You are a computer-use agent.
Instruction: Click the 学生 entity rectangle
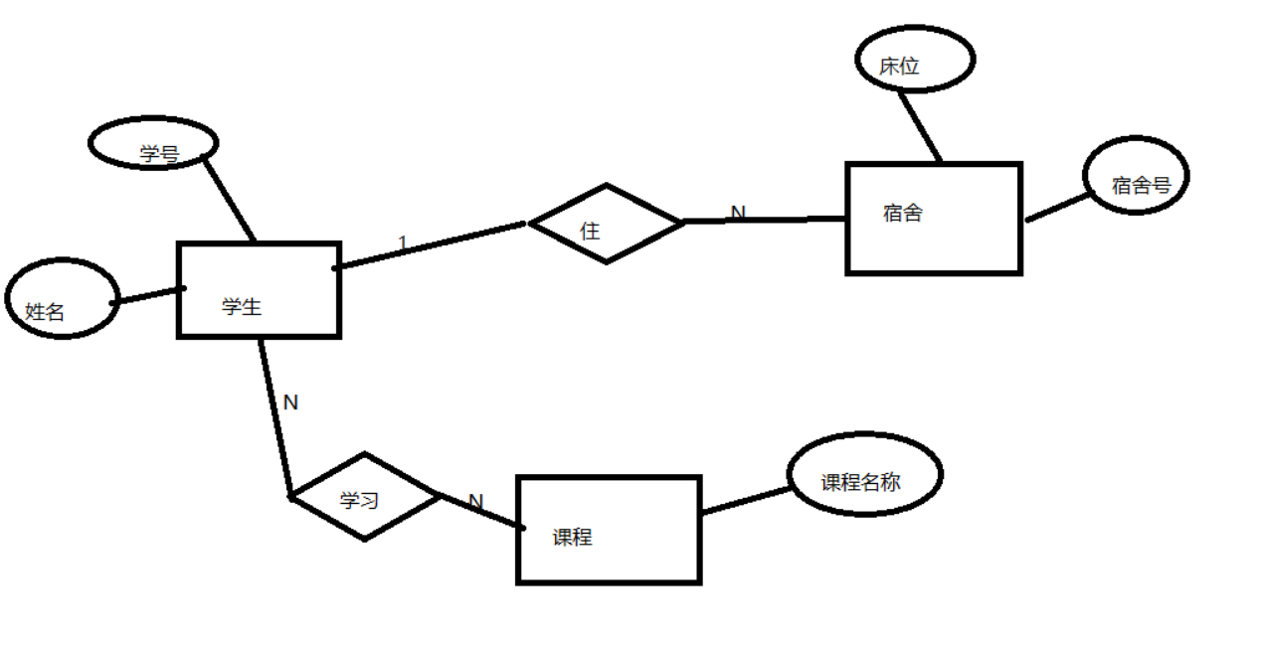(x=259, y=290)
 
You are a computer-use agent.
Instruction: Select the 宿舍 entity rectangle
(x=933, y=218)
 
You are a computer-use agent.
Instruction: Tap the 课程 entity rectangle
(x=609, y=530)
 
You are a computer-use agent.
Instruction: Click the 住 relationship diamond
(x=606, y=224)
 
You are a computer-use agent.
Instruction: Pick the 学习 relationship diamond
(x=365, y=497)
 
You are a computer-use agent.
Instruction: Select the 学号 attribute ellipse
(x=153, y=143)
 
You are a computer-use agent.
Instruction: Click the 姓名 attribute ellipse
(x=62, y=298)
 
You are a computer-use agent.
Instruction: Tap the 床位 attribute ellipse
(x=914, y=59)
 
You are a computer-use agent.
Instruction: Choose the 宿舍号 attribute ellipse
(x=1135, y=176)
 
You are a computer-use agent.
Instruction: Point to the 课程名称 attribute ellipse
(x=863, y=474)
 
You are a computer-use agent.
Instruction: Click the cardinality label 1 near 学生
(x=402, y=242)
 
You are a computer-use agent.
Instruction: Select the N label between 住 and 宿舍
(x=738, y=213)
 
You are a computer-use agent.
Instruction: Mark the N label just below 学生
(x=290, y=403)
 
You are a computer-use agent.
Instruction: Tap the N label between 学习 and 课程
(x=475, y=502)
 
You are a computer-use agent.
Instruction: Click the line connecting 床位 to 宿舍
(x=920, y=125)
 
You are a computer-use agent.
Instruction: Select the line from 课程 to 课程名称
(x=746, y=500)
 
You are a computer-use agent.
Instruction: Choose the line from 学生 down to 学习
(x=275, y=417)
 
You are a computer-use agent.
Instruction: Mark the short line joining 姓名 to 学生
(x=149, y=295)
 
